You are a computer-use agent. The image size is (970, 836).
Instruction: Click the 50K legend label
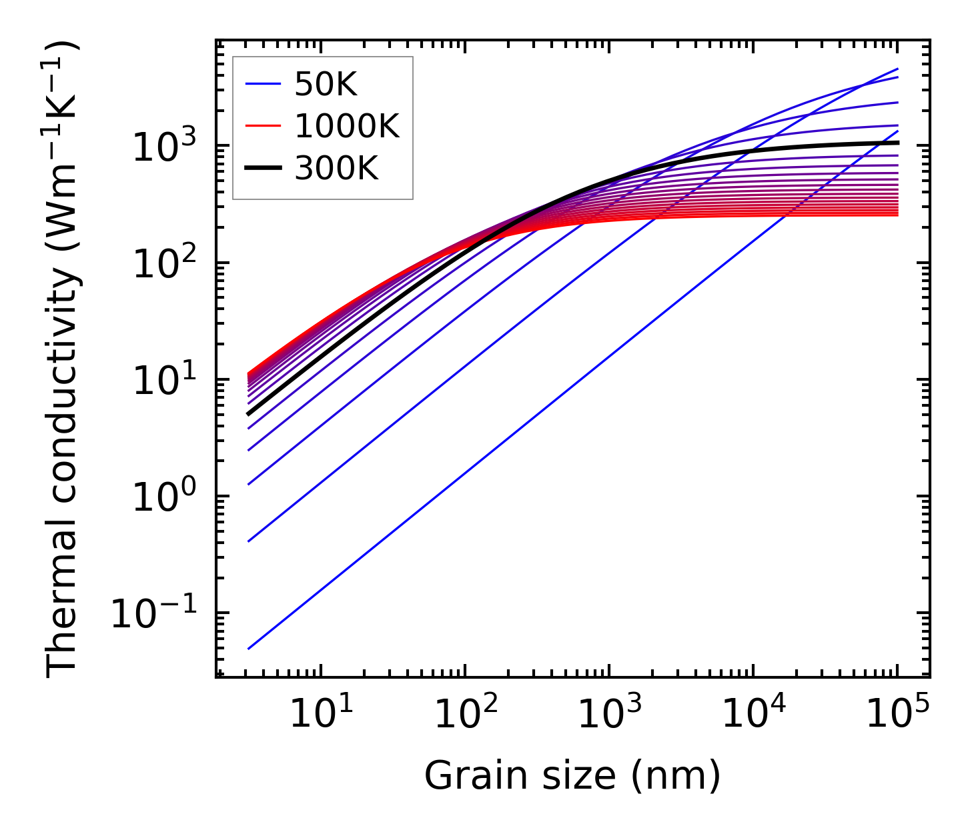coord(326,85)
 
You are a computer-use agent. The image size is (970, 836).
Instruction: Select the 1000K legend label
coord(347,126)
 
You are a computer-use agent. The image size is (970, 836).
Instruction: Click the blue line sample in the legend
coord(264,85)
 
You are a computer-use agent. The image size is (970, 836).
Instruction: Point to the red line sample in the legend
coord(264,126)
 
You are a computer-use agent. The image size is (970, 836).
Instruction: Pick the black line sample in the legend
coord(264,168)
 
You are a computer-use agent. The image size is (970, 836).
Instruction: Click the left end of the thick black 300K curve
coord(248,414)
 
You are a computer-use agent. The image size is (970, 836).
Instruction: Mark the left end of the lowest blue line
coord(248,649)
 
